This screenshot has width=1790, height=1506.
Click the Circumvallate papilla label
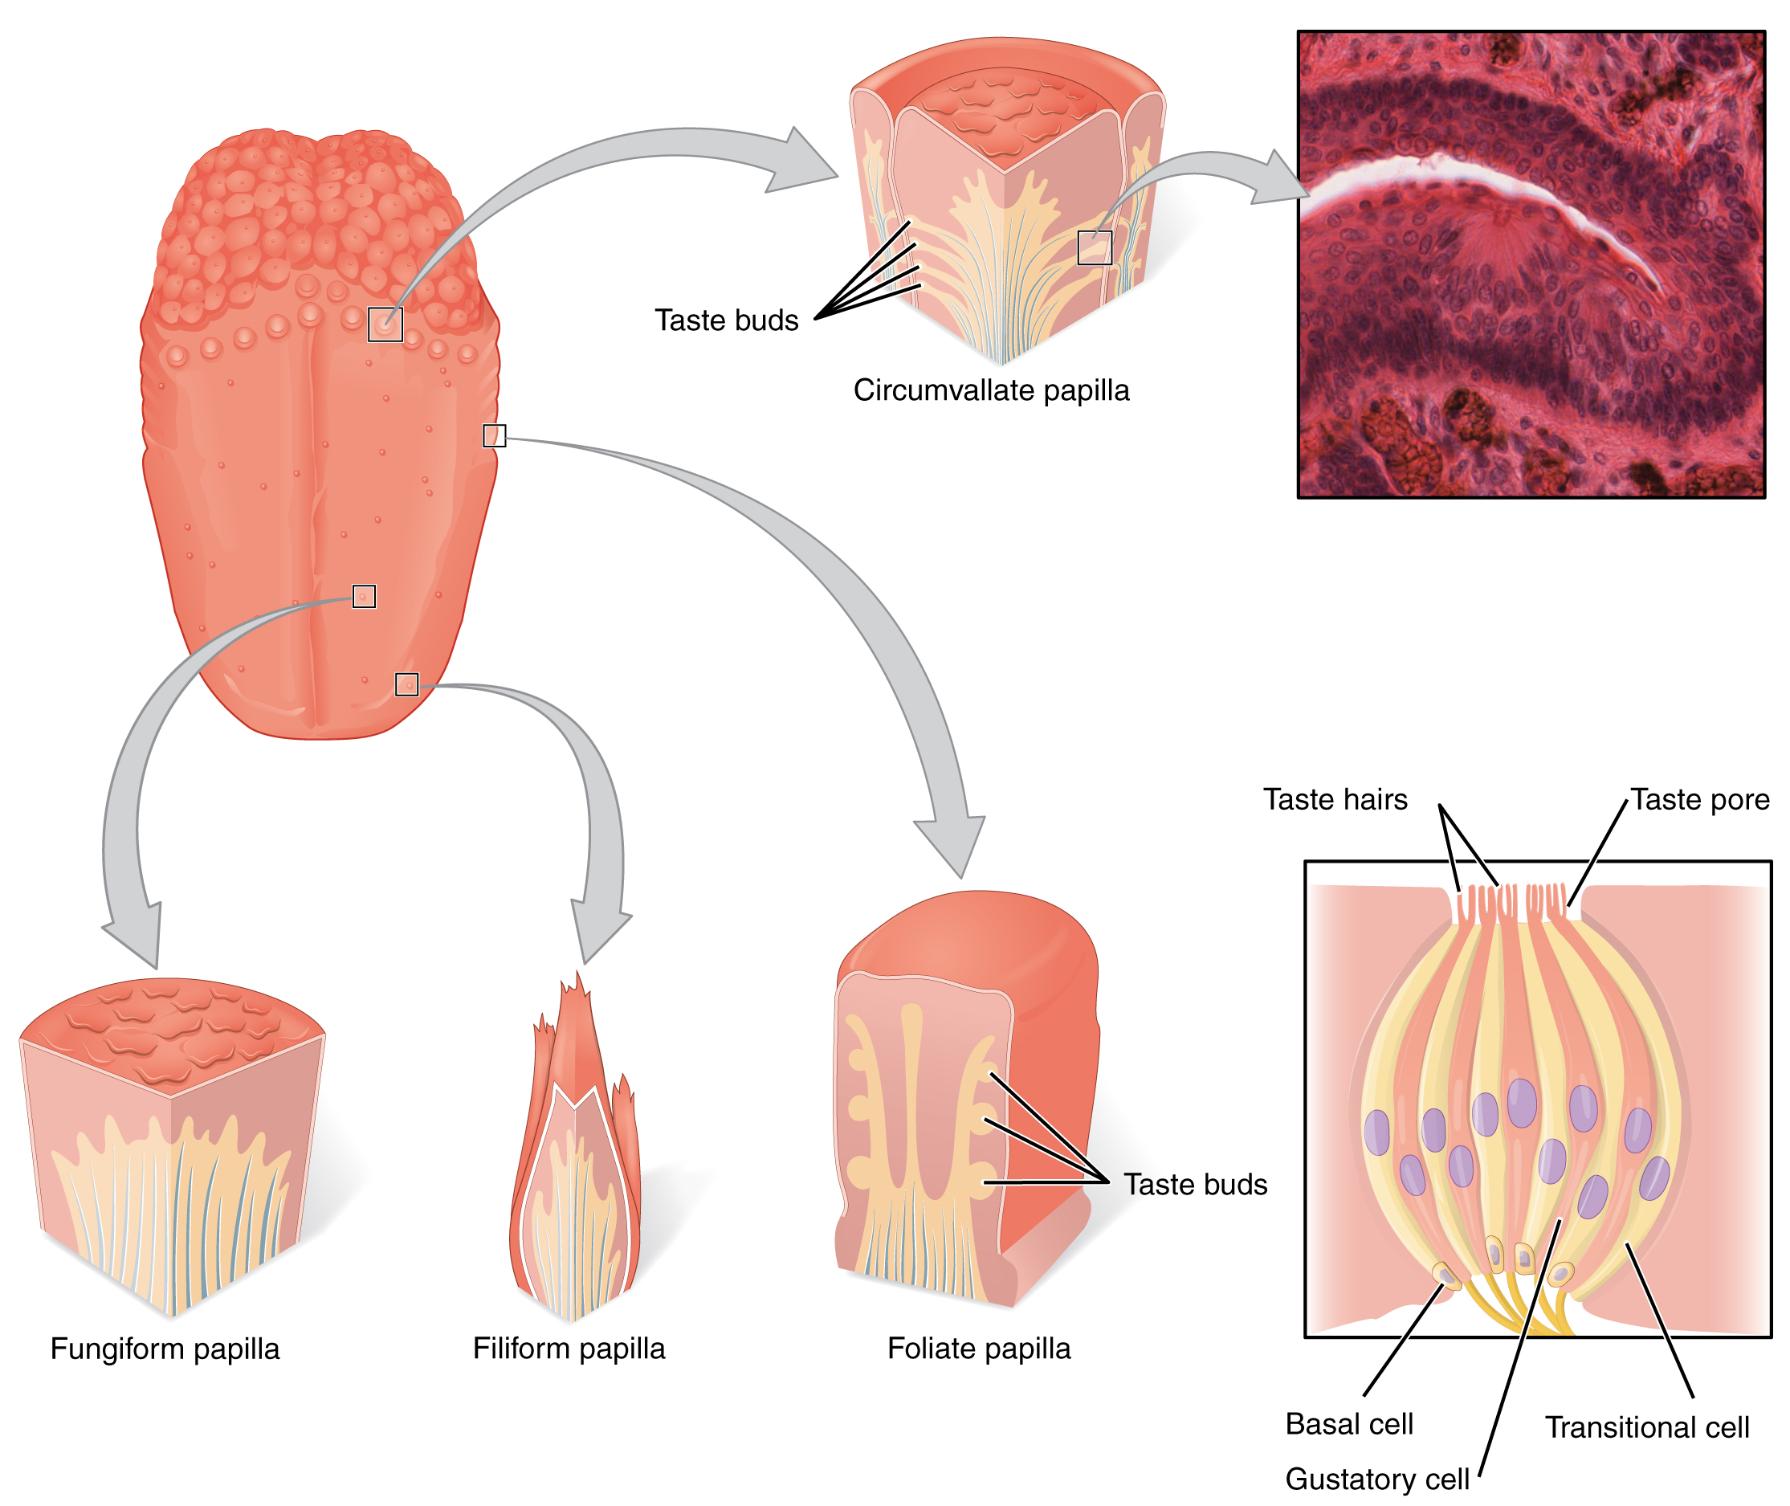tap(990, 390)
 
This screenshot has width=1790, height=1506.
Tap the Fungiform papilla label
tap(165, 1349)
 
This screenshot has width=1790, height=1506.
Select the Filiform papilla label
tap(569, 1348)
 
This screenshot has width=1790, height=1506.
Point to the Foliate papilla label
tap(978, 1348)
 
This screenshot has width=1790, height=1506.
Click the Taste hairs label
tap(1334, 799)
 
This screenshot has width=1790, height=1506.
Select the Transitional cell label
tap(1645, 1427)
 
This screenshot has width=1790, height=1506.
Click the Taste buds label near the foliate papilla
tap(1194, 1184)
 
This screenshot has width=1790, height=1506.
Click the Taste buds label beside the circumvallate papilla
tap(726, 320)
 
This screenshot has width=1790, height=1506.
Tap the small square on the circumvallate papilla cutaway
tap(1094, 247)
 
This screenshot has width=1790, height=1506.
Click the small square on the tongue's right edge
tap(494, 435)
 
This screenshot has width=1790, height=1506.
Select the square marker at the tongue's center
tap(364, 596)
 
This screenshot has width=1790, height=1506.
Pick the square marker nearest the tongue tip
tap(406, 684)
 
